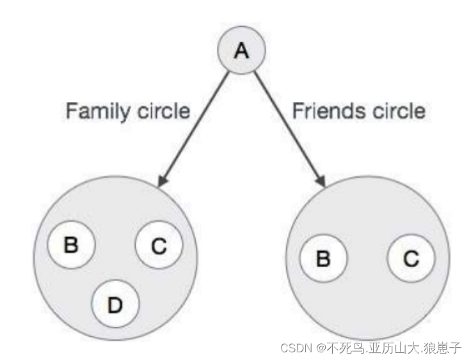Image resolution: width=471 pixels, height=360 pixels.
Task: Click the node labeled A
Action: tap(241, 51)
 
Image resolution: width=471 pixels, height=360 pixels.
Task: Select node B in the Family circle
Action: tap(71, 245)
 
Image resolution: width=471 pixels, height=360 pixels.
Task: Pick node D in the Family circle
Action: tap(115, 304)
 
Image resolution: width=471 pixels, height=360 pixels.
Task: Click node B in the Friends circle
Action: tap(323, 259)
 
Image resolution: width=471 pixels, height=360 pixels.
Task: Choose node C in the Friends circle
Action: tap(411, 259)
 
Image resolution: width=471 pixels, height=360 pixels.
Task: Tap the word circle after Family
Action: tap(164, 111)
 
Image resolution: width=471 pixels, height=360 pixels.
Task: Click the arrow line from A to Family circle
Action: tap(195, 125)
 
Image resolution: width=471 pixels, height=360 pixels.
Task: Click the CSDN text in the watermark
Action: tap(296, 348)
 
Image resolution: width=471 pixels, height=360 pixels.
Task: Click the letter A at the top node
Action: tap(241, 51)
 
